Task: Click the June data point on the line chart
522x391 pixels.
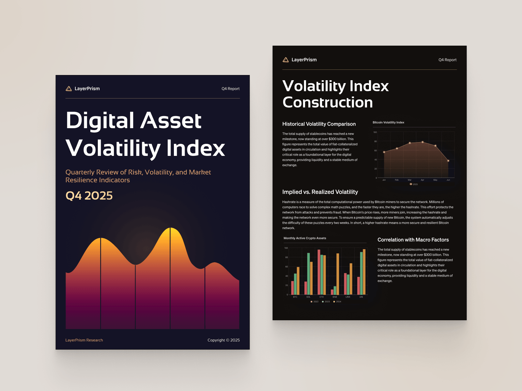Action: click(448, 161)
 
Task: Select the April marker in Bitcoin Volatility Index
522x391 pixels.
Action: click(422, 142)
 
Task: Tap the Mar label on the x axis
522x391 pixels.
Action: click(409, 180)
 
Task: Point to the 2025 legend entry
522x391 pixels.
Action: click(414, 184)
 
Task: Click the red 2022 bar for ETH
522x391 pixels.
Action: click(319, 272)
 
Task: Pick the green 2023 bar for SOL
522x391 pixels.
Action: click(308, 274)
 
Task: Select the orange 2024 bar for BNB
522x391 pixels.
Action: click(338, 274)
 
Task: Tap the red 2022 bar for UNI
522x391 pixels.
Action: click(359, 286)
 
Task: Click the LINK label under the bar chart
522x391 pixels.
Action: click(348, 297)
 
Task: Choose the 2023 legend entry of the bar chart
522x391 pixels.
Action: click(326, 302)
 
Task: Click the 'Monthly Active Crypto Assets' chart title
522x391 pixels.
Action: click(305, 238)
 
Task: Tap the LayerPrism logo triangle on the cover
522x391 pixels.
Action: click(69, 89)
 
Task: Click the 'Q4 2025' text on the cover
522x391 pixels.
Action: click(89, 196)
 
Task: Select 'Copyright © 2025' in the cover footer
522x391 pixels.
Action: click(223, 340)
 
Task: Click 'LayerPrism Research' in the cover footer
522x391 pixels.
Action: click(84, 340)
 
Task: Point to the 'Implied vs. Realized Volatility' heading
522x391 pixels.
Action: click(320, 192)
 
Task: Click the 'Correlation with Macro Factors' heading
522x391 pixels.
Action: click(413, 240)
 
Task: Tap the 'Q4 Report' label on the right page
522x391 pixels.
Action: click(447, 60)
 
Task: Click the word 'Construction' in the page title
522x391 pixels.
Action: click(328, 102)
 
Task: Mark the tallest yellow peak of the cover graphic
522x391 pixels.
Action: click(170, 229)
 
